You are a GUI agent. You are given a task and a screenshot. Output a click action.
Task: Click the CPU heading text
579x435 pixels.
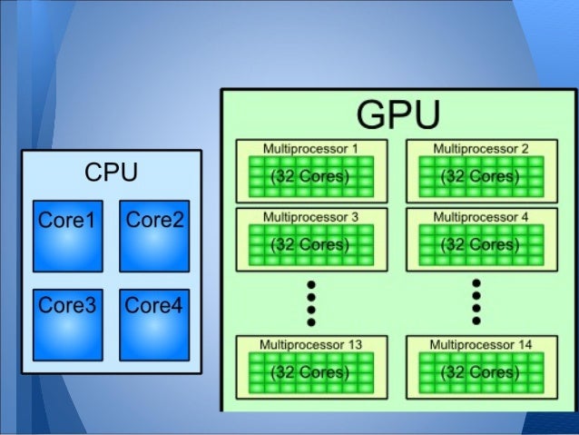[111, 172]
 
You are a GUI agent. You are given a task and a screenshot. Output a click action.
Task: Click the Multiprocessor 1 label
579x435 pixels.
[310, 148]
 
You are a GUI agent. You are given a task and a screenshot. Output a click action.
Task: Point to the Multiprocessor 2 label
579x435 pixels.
[481, 148]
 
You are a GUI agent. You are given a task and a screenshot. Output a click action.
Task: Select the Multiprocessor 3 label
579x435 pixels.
[310, 217]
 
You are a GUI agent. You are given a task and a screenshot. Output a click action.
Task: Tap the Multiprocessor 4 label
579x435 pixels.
[481, 217]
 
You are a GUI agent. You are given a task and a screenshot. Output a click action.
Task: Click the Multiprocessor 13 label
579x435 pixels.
[310, 345]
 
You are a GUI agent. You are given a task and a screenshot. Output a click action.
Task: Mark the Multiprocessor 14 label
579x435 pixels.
[481, 345]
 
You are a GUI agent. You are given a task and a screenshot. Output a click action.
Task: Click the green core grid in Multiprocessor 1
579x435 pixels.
[310, 177]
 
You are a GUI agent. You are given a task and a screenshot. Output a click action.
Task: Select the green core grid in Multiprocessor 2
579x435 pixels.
[481, 177]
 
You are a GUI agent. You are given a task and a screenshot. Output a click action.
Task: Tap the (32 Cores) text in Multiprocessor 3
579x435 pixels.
[310, 245]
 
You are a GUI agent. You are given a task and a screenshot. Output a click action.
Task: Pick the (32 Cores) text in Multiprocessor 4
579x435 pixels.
[481, 245]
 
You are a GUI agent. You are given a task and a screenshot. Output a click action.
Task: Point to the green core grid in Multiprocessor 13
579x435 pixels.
[310, 373]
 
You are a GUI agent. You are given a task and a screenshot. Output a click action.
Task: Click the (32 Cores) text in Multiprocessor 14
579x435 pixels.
[481, 373]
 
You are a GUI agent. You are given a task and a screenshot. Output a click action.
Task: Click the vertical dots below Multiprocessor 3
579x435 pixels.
[310, 302]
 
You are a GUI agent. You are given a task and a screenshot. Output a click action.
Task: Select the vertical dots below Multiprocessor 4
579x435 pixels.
[476, 302]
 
